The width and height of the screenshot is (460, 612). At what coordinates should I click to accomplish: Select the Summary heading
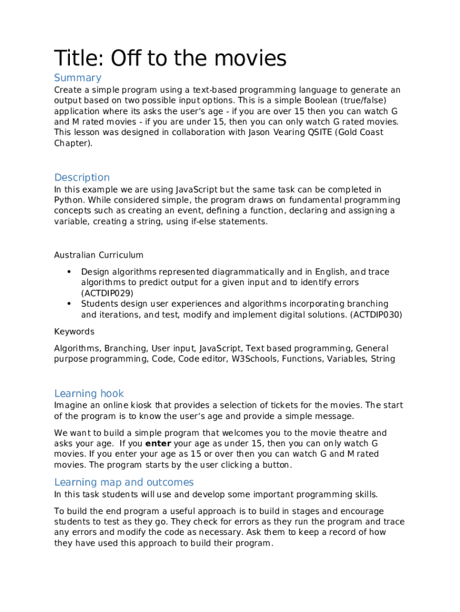[78, 78]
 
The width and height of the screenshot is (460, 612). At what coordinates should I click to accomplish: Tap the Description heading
[82, 178]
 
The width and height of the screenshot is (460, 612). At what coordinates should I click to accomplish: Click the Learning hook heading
[89, 393]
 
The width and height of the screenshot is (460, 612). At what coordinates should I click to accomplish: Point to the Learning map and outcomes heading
[124, 482]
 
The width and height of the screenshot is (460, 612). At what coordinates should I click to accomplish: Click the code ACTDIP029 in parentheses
[107, 293]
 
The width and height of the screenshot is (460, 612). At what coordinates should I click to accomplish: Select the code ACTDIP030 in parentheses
[376, 314]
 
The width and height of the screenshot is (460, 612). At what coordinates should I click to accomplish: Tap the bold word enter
[158, 443]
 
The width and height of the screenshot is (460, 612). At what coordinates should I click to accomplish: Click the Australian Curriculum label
[99, 255]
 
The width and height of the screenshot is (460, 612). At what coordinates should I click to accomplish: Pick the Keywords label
[74, 332]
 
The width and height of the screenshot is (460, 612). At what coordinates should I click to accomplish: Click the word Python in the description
[68, 200]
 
